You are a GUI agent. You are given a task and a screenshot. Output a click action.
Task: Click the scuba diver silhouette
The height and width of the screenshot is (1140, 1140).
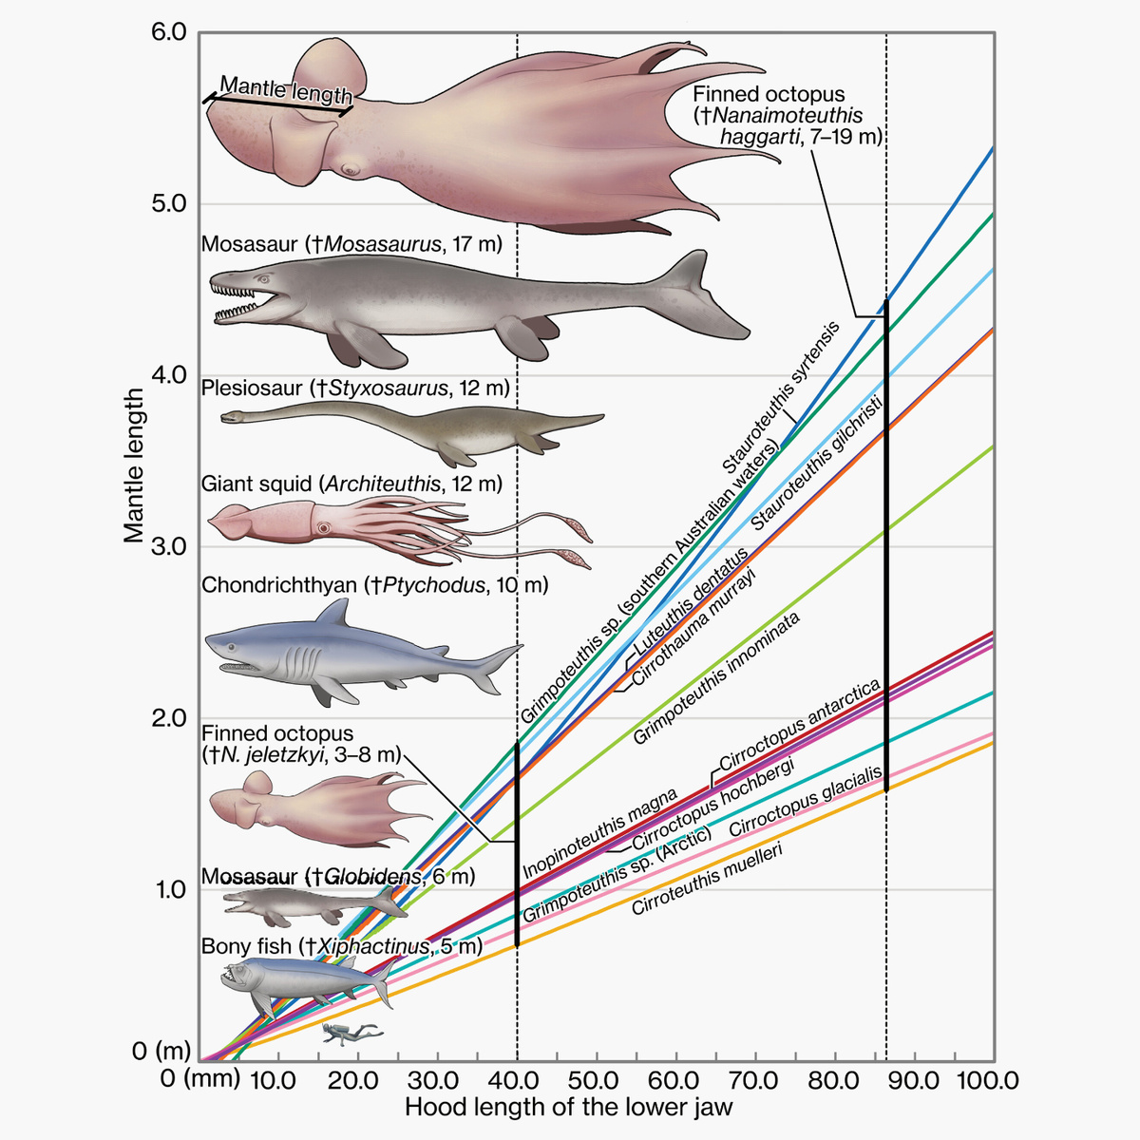tap(349, 1034)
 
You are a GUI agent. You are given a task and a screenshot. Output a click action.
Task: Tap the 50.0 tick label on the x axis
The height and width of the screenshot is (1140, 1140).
tap(597, 1080)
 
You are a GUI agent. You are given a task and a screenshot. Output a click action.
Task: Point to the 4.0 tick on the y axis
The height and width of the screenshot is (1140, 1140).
tap(171, 375)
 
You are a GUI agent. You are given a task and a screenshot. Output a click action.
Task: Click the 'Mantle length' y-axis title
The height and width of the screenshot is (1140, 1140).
tap(134, 465)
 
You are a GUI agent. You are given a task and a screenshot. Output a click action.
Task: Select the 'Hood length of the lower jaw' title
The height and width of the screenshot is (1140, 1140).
tap(568, 1108)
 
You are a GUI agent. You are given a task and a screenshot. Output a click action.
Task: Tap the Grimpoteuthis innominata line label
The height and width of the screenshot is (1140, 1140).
tap(716, 678)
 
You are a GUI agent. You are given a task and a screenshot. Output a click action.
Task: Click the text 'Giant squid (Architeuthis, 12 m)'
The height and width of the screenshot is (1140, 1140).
tap(351, 484)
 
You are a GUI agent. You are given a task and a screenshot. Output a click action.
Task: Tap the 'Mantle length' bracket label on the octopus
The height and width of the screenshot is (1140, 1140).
tap(286, 91)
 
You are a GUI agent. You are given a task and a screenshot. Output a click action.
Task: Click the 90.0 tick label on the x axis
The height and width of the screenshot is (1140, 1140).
tap(914, 1080)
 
